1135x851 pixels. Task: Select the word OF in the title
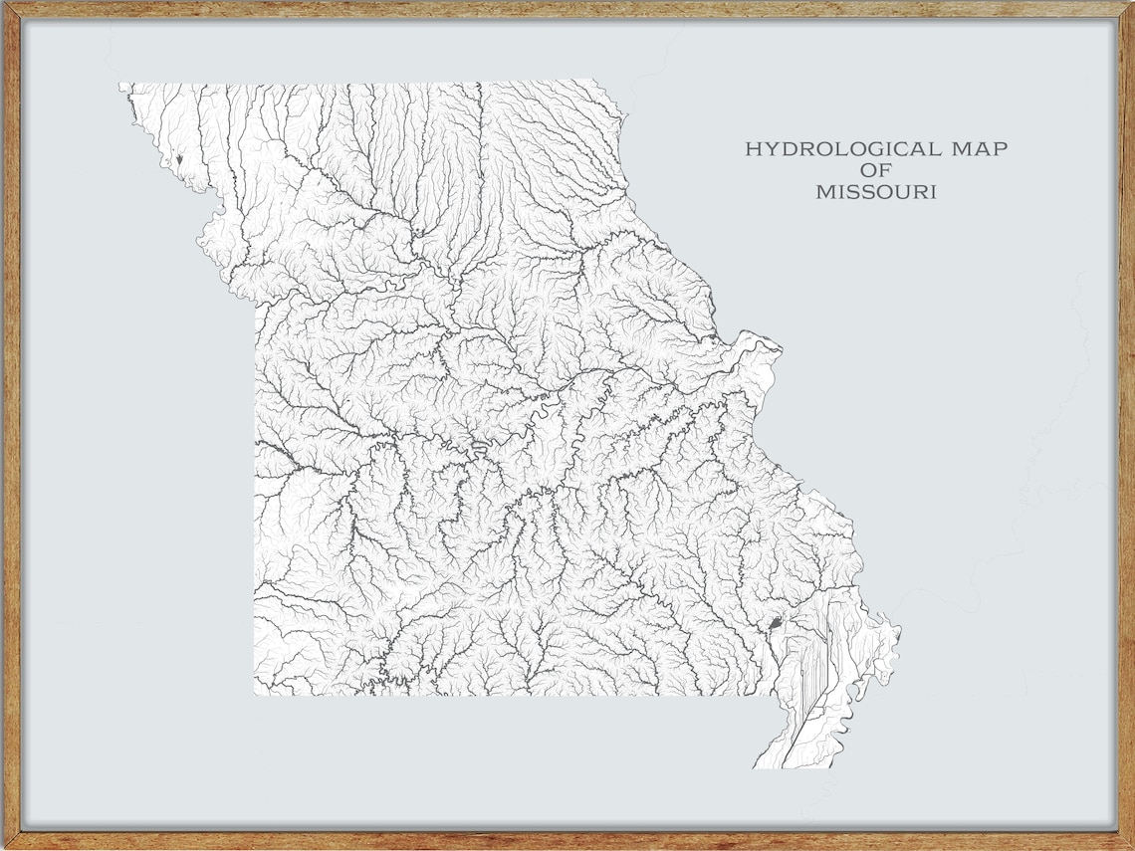click(876, 170)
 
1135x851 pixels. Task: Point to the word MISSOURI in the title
click(876, 192)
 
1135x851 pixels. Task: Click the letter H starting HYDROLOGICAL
click(753, 149)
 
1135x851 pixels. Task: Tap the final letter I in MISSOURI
click(934, 192)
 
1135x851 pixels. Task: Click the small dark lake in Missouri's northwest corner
click(179, 158)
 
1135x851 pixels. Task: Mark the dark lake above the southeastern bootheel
click(776, 625)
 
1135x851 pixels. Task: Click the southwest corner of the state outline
click(255, 694)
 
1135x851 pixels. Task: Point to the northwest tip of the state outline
click(120, 85)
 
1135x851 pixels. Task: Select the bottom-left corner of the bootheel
click(754, 767)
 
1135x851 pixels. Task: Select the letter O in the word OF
click(869, 170)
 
